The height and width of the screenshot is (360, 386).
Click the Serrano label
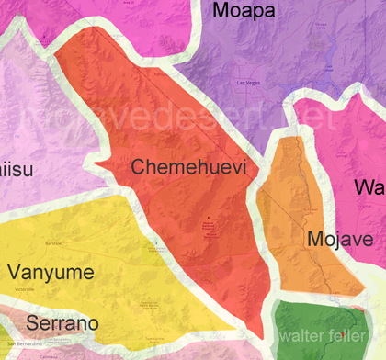62,323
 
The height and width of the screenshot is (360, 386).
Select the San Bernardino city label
19,344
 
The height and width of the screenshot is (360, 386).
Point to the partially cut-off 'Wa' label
369,187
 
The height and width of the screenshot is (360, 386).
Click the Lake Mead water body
321,66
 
